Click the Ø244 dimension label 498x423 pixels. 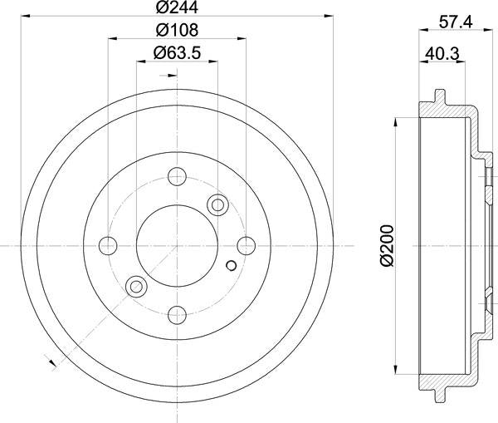pos(175,10)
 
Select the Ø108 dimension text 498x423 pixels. pos(175,31)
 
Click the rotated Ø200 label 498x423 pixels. pos(386,246)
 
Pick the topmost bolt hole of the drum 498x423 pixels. pos(176,176)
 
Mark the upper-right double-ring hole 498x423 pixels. pos(218,204)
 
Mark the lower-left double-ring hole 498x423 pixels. pos(134,287)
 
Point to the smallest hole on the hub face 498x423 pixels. pos(231,266)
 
